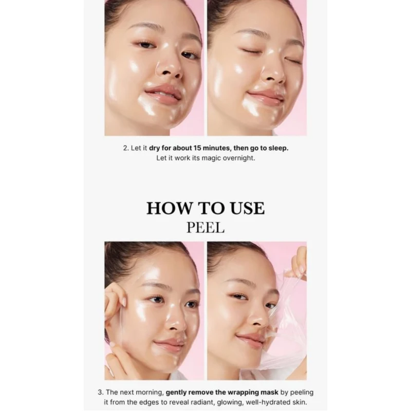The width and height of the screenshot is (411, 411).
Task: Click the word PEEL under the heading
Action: pos(206,228)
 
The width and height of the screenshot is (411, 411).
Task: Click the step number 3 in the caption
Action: pos(100,393)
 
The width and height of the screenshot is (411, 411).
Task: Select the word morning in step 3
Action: pos(151,393)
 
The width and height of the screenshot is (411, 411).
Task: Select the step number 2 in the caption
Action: pos(126,148)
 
